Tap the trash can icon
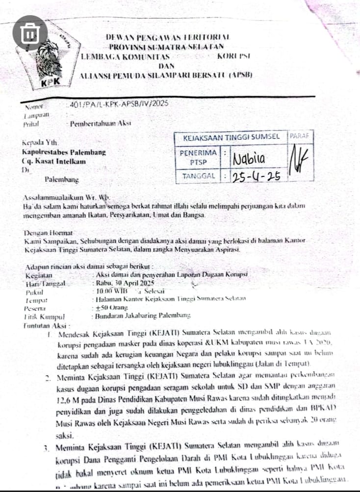tap(30, 33)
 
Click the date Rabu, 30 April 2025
tap(125, 283)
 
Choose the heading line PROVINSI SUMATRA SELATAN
tap(166, 47)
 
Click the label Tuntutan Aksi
tap(47, 324)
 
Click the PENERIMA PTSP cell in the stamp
tap(198, 157)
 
